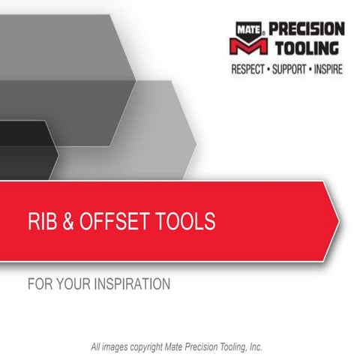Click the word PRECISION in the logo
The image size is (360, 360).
(x=306, y=29)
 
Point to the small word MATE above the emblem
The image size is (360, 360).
(x=248, y=28)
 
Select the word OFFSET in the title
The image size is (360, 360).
(x=119, y=222)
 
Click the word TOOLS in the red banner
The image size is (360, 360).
(x=187, y=222)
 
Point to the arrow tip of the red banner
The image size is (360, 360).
(x=337, y=222)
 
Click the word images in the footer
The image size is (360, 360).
(x=118, y=346)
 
